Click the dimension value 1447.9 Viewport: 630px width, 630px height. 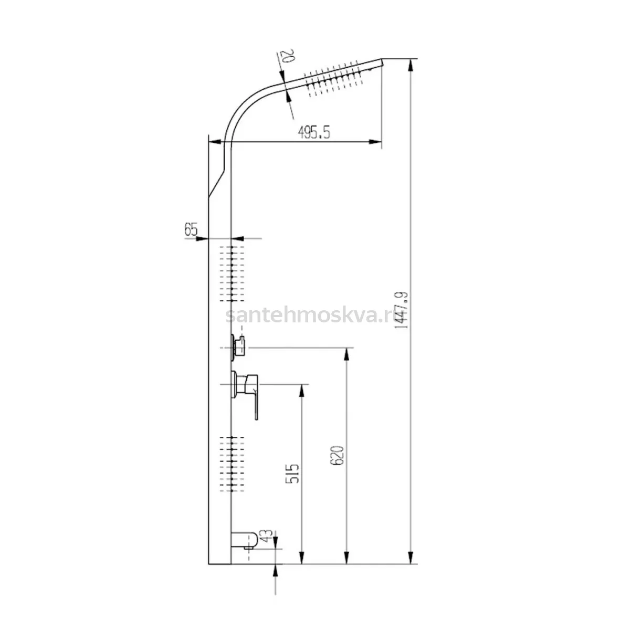click(402, 310)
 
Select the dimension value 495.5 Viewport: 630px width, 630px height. click(314, 132)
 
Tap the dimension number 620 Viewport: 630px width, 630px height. click(337, 455)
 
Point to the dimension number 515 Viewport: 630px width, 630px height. click(292, 474)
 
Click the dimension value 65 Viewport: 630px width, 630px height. click(191, 229)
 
